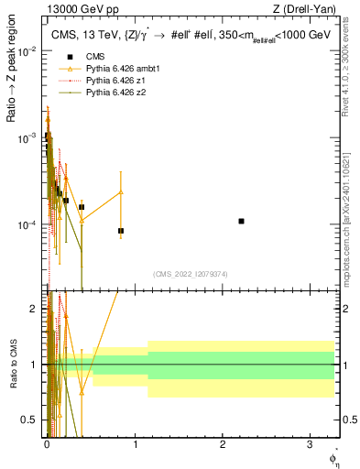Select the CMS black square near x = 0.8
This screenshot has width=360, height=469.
tap(121, 231)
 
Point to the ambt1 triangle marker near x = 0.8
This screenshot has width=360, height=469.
tap(121, 192)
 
